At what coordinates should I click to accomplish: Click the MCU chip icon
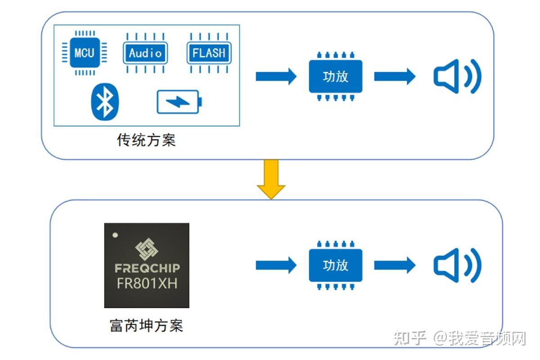[85, 53]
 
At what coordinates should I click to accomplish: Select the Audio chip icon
[145, 53]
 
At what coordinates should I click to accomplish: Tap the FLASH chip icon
[208, 53]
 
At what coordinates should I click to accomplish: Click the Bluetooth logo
[105, 102]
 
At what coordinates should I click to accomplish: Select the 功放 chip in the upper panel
[335, 76]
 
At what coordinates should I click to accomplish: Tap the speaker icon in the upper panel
[457, 76]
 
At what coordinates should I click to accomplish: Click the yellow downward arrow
[271, 179]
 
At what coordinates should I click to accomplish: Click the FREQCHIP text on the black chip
[147, 269]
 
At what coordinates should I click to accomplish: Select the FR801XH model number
[147, 284]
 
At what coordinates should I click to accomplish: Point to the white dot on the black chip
[116, 235]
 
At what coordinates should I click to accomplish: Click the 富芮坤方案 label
[146, 325]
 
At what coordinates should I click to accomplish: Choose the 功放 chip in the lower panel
[335, 265]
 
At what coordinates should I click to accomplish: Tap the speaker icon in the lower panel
[457, 265]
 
